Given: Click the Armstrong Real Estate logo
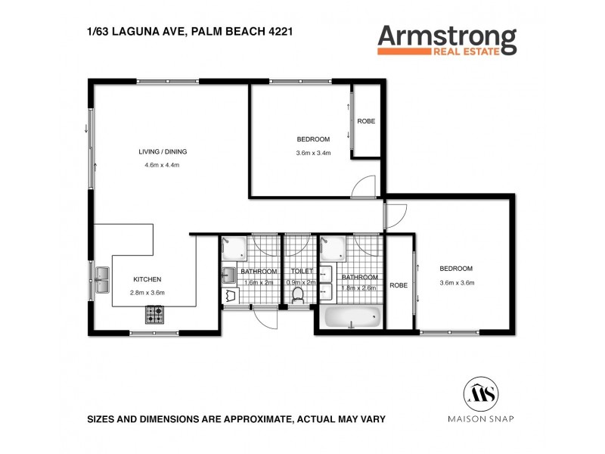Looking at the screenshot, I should click(x=446, y=39).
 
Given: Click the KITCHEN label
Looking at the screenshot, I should click(x=147, y=279).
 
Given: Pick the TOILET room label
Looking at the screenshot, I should click(x=297, y=270).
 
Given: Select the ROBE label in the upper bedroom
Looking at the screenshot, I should click(x=366, y=122).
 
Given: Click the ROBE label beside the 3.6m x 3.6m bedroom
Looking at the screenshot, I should click(x=399, y=285).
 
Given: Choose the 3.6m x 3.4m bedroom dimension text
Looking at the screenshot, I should click(x=313, y=154).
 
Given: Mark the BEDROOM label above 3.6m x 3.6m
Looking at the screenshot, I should click(x=456, y=269).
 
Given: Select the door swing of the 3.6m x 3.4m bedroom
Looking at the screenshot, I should click(x=364, y=185).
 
